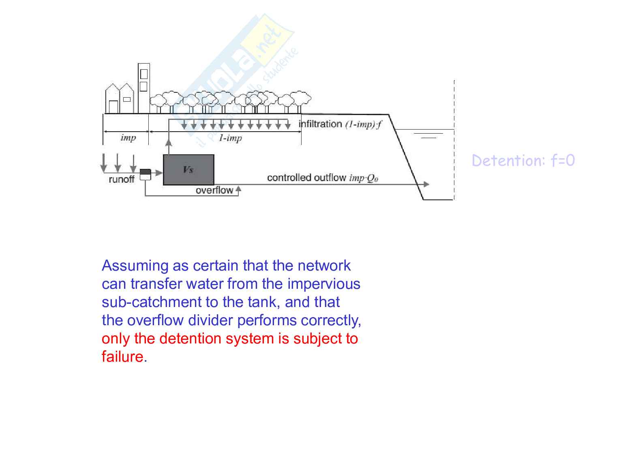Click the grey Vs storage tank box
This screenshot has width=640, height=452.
tap(188, 170)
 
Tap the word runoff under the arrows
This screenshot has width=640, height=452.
tap(122, 179)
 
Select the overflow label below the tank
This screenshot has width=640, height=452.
tap(214, 190)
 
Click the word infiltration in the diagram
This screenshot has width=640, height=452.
tap(320, 124)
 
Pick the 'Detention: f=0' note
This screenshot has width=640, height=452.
tap(523, 160)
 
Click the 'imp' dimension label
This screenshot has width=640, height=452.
tap(128, 138)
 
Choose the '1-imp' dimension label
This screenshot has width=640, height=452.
tap(230, 138)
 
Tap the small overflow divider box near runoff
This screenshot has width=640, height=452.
tap(145, 175)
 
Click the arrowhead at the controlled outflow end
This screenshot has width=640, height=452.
tap(426, 184)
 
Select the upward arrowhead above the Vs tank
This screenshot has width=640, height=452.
tap(169, 142)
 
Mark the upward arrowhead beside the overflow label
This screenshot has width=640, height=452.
tap(238, 189)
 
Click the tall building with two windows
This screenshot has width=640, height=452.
tap(144, 88)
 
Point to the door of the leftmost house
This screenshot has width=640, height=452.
tap(113, 107)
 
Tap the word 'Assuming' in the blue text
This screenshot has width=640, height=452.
tap(135, 266)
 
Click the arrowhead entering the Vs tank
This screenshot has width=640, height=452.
tap(159, 173)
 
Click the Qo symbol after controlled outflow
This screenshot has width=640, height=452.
tap(372, 179)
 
